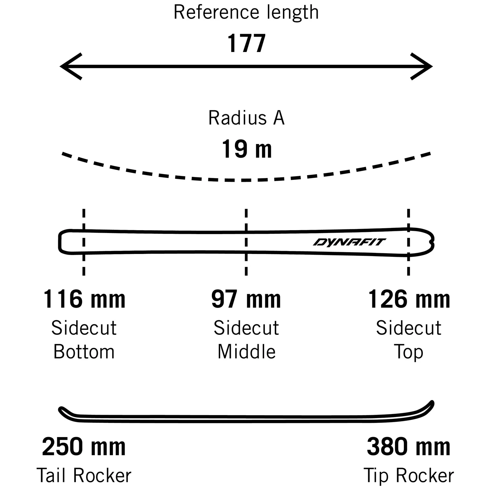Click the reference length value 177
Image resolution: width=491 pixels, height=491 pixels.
coord(246,44)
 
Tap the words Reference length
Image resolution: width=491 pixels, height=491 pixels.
coord(246,12)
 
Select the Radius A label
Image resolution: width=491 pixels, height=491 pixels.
coord(246,118)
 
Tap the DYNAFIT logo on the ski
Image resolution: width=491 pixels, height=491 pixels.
coord(349,242)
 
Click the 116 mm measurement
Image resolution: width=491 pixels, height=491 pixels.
coord(84,299)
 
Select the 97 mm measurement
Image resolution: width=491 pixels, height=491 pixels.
coord(246,299)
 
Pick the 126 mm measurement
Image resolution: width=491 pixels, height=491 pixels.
coord(409,299)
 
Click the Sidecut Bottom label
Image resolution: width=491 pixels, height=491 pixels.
coord(84,340)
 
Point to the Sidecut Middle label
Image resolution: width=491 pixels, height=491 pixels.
coord(246,340)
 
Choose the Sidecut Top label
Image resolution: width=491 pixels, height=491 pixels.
coord(409,340)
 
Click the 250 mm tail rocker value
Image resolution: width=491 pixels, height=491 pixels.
coord(84,447)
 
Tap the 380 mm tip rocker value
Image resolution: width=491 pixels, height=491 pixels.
coord(409,447)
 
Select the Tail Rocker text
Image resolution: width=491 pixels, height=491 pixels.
coord(84,476)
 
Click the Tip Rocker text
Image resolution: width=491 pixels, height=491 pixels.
coord(409,476)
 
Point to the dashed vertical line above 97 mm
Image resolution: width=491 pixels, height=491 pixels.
coord(246,220)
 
